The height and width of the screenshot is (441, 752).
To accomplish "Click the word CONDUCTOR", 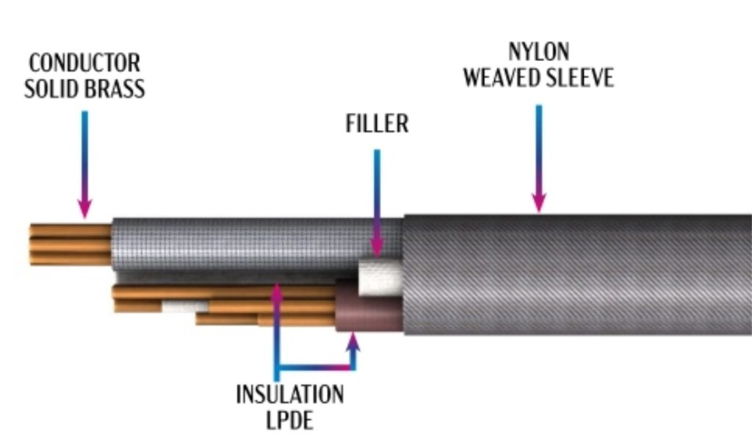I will coord(84,62).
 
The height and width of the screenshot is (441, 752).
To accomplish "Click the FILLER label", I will coord(377,123).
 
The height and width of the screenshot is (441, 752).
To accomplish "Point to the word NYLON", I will coord(538,52).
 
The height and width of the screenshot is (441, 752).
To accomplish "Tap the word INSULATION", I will coord(289,395).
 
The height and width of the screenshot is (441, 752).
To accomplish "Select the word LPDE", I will coord(289,420).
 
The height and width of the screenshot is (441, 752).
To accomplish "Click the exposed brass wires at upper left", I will coord(70,243).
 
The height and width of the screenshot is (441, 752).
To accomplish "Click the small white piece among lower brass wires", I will coord(184,306).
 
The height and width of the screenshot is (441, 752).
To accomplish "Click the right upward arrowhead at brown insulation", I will coord(353,340).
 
